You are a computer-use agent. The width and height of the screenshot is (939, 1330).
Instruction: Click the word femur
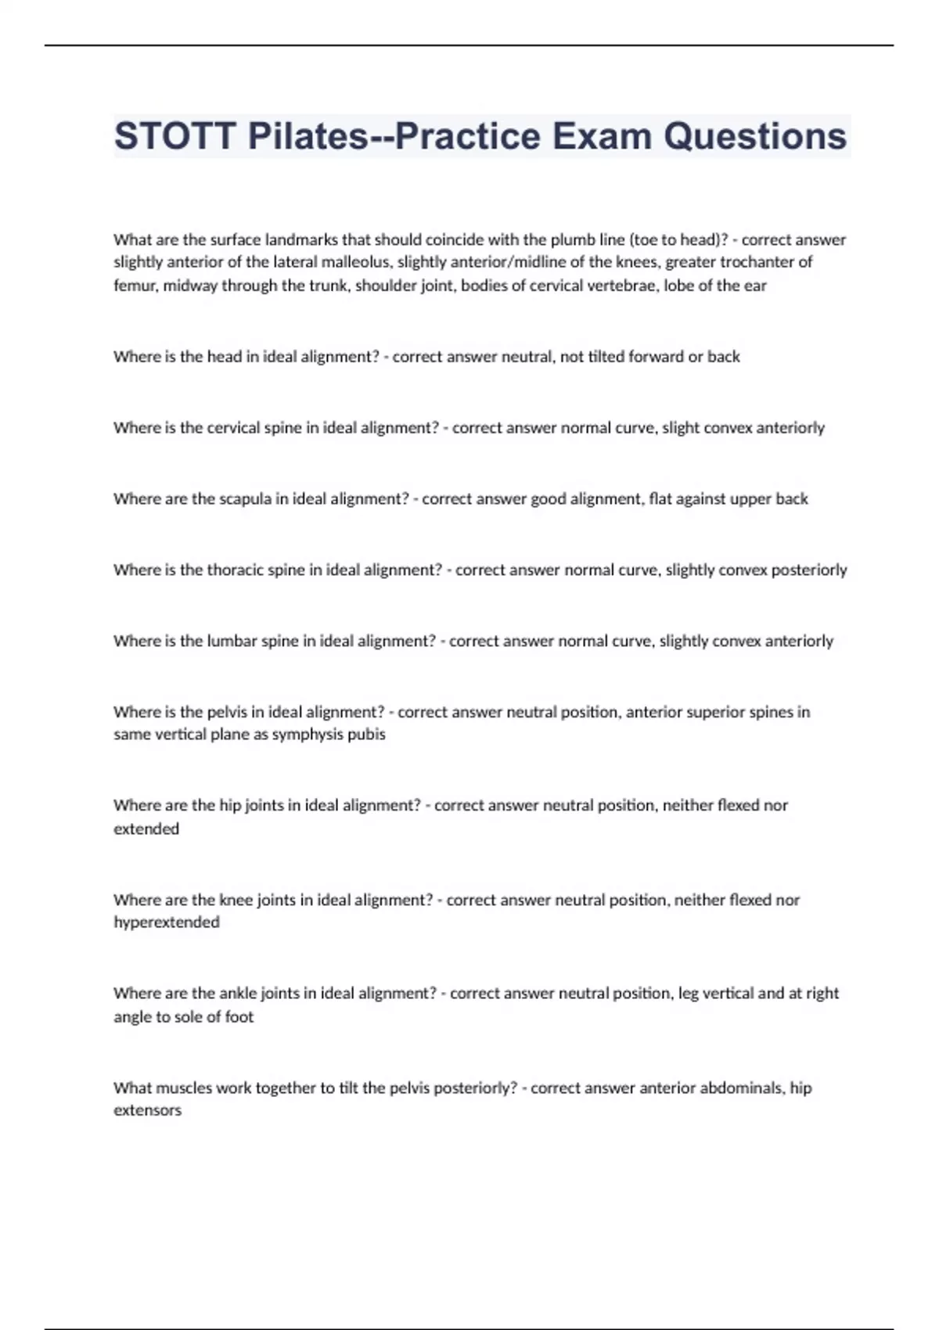click(x=135, y=286)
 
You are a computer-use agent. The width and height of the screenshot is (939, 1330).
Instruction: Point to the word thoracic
click(x=235, y=570)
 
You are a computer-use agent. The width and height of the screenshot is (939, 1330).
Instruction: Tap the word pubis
click(x=366, y=735)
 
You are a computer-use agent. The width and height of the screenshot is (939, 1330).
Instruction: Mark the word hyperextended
click(x=167, y=922)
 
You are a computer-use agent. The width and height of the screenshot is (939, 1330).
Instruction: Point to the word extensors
click(x=147, y=1110)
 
